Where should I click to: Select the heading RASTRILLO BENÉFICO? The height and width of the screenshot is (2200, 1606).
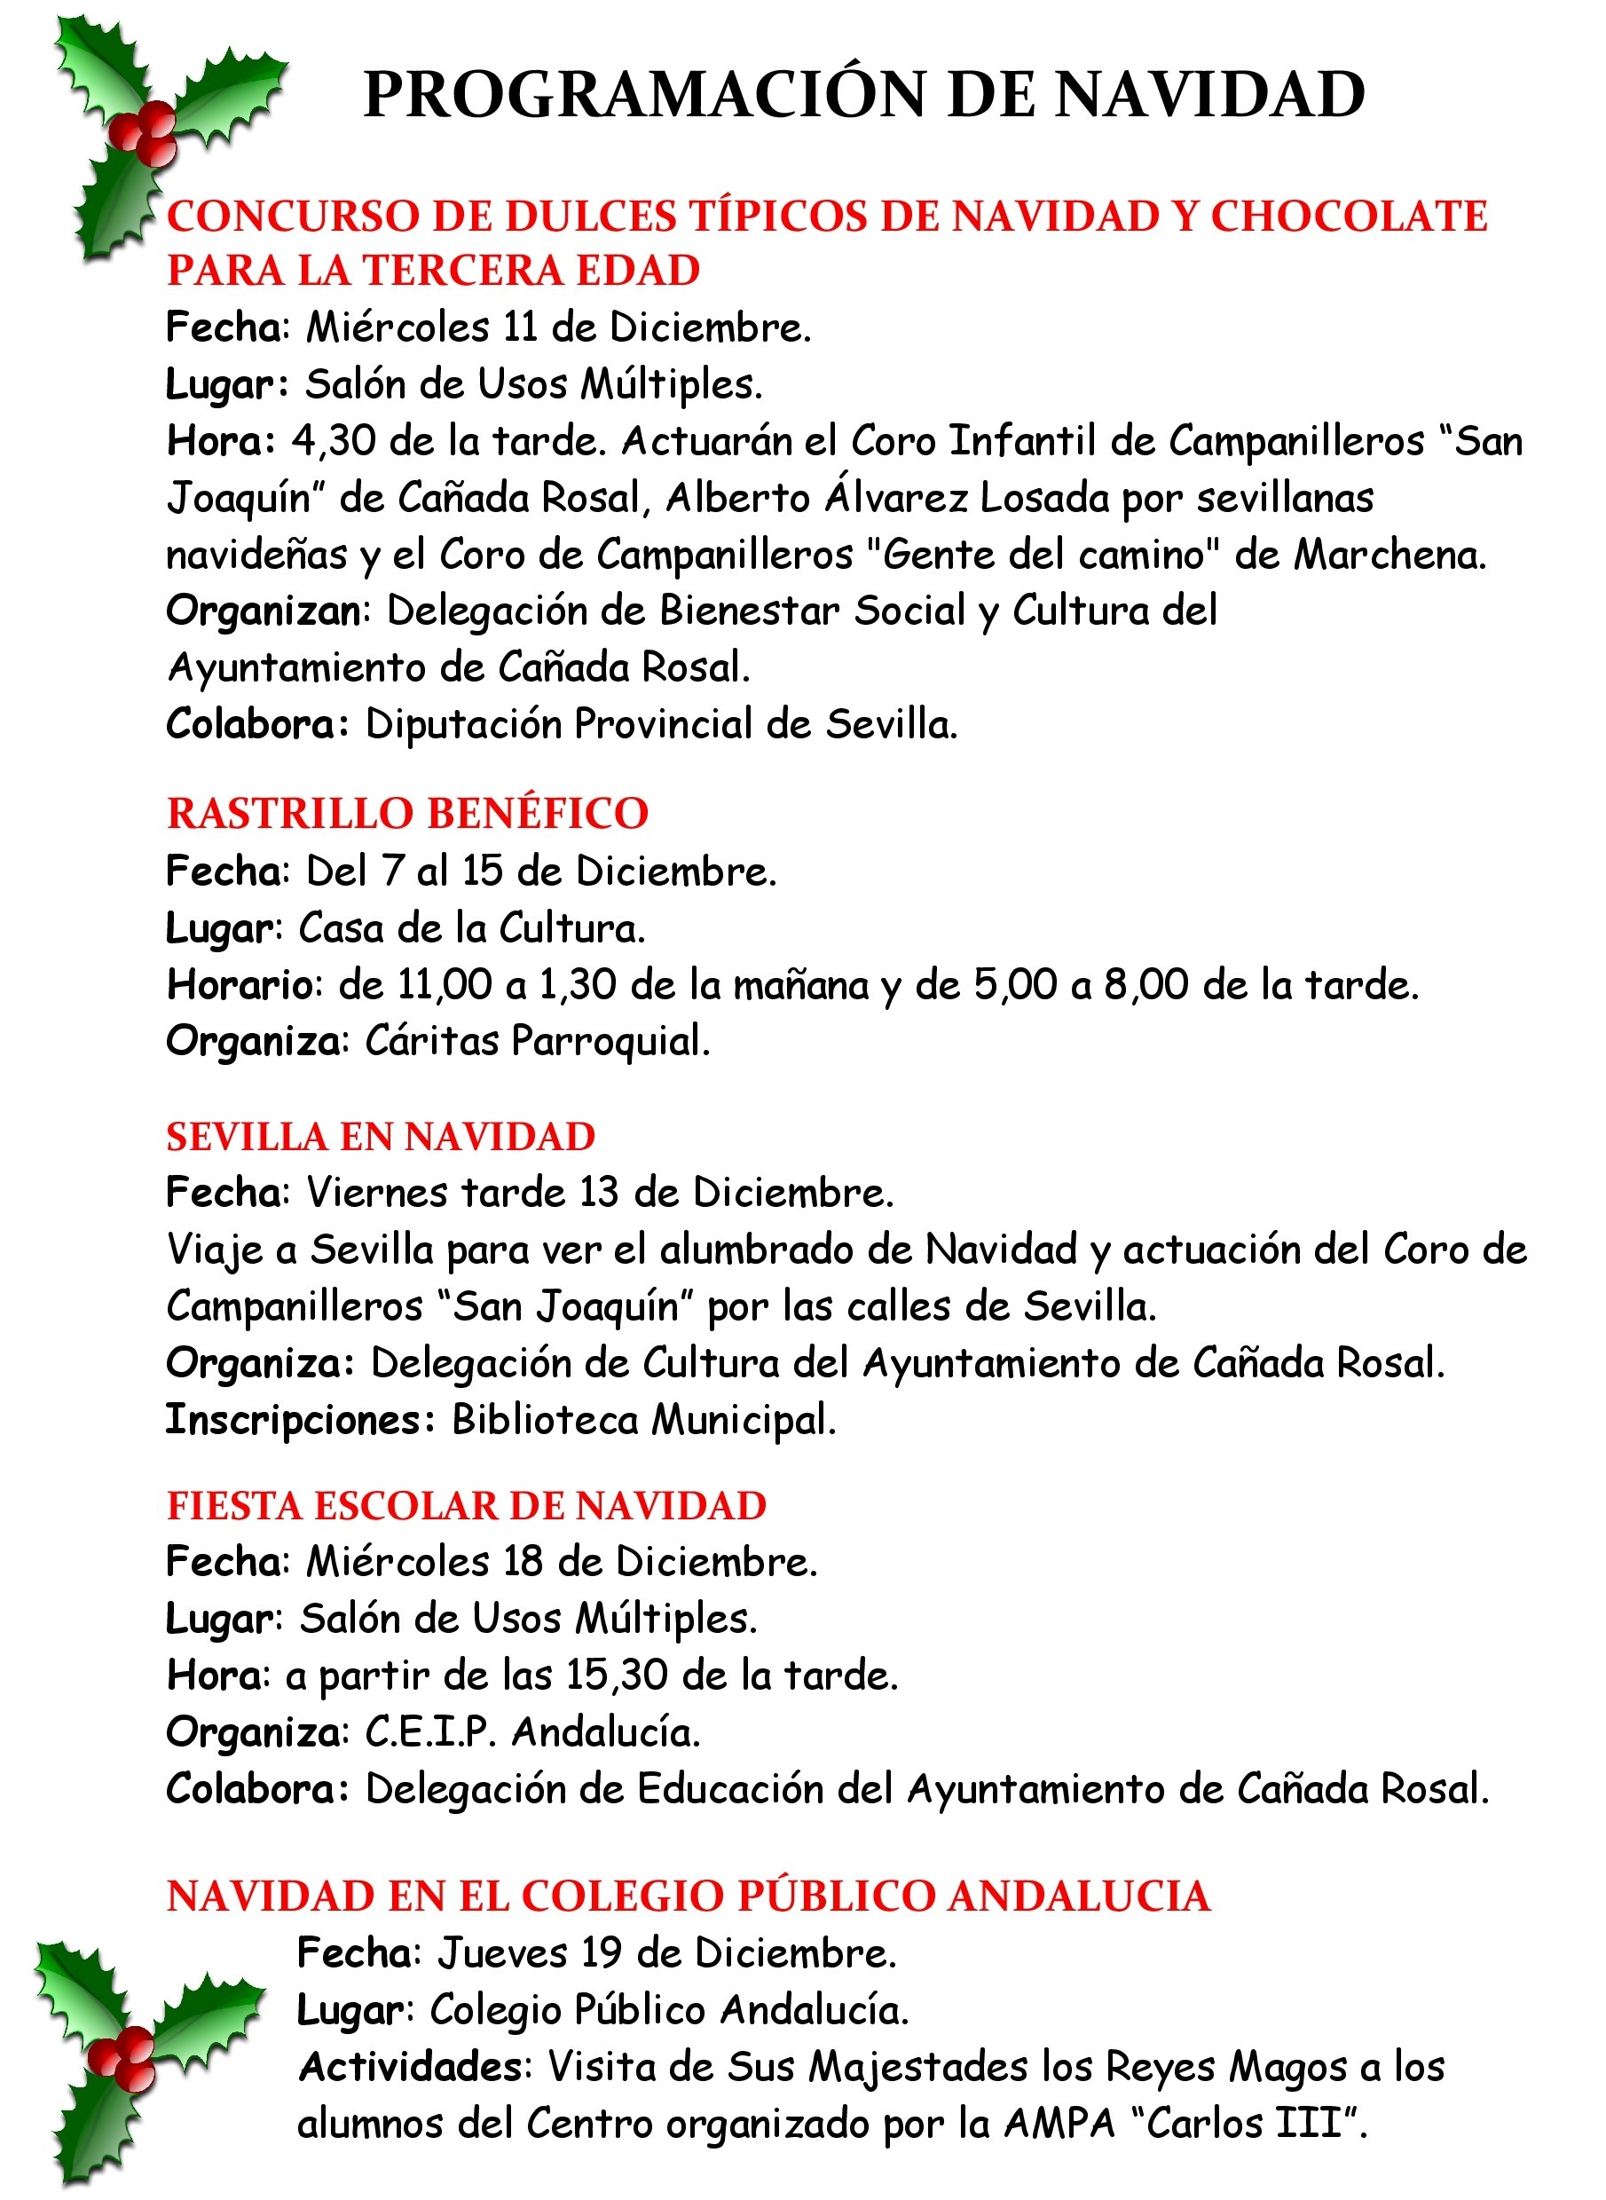pyautogui.click(x=407, y=814)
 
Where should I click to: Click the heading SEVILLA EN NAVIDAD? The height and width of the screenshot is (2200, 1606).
pyautogui.click(x=380, y=1137)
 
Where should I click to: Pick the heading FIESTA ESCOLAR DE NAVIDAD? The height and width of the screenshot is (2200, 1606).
pyautogui.click(x=467, y=1506)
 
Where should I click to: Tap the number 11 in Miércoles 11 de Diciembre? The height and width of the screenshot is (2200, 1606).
pyautogui.click(x=520, y=327)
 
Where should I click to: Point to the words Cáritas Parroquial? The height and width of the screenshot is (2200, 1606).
pyautogui.click(x=537, y=1041)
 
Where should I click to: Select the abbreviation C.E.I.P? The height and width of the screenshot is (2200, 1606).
pyautogui.click(x=429, y=1731)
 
